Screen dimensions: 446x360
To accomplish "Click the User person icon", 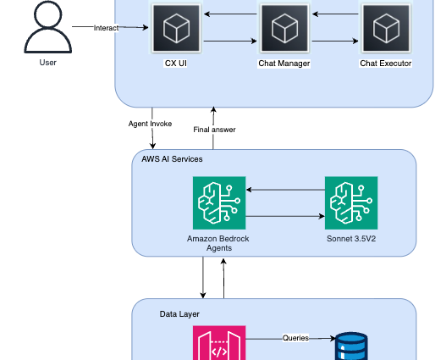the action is coord(47,27).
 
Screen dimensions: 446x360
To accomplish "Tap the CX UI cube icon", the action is coord(176,28).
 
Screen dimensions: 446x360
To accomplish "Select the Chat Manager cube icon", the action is coord(284,28).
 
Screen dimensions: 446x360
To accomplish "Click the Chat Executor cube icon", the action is coord(386,28).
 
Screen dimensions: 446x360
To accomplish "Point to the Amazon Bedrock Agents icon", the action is coord(219,203).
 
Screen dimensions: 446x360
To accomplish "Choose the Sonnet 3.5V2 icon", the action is coord(351,203).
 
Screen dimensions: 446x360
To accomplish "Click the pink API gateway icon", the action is coord(219,343).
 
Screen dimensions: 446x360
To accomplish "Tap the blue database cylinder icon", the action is coord(351,346).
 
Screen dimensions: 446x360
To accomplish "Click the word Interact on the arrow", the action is coord(106,28).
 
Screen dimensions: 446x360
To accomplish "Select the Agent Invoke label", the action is coord(150,124).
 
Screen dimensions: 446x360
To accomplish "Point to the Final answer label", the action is coord(214,130).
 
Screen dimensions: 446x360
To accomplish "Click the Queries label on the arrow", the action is coord(296,338).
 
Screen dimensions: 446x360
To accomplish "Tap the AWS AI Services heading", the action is coord(172,159).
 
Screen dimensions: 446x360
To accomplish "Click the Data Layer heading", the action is coord(179,314).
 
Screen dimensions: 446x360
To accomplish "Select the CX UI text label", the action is coord(176,64).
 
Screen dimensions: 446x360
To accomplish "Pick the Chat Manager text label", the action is coord(284,64).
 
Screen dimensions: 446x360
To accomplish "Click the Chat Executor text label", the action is coord(386,64).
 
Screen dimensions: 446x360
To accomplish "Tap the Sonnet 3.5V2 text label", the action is coord(351,239).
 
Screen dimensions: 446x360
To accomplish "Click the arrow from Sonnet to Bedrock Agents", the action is coord(285,190).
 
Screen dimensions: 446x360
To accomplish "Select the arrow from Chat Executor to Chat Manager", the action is coord(335,14).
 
